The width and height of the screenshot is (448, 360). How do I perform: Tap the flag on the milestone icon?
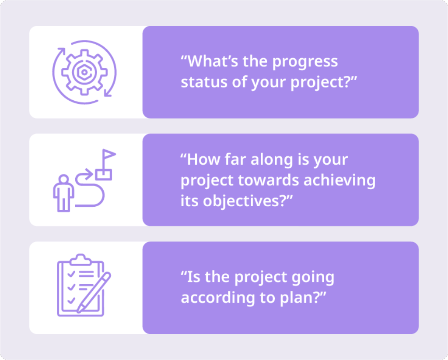click(x=109, y=155)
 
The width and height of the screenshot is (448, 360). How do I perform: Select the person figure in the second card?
click(x=63, y=193)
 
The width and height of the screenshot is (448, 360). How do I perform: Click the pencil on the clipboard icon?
click(x=94, y=293)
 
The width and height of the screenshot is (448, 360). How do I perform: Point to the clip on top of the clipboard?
click(x=80, y=259)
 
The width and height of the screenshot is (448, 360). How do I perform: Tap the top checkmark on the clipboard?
click(x=71, y=274)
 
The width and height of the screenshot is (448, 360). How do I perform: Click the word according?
click(x=218, y=298)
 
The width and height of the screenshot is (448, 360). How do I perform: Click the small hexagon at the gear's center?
click(x=84, y=72)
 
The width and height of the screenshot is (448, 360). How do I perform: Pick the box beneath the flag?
click(x=103, y=174)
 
